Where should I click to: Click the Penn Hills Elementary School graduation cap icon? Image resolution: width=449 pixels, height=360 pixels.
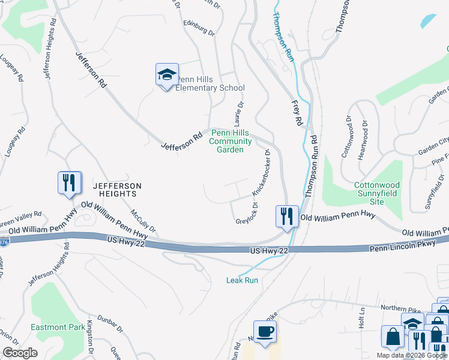(167, 75)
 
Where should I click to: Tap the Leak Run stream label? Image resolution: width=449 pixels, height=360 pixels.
(242, 280)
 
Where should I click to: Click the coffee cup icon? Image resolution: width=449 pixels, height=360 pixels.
(265, 331)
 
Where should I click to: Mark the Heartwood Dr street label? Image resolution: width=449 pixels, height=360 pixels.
(363, 139)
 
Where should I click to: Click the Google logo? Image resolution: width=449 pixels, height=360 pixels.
(20, 352)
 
